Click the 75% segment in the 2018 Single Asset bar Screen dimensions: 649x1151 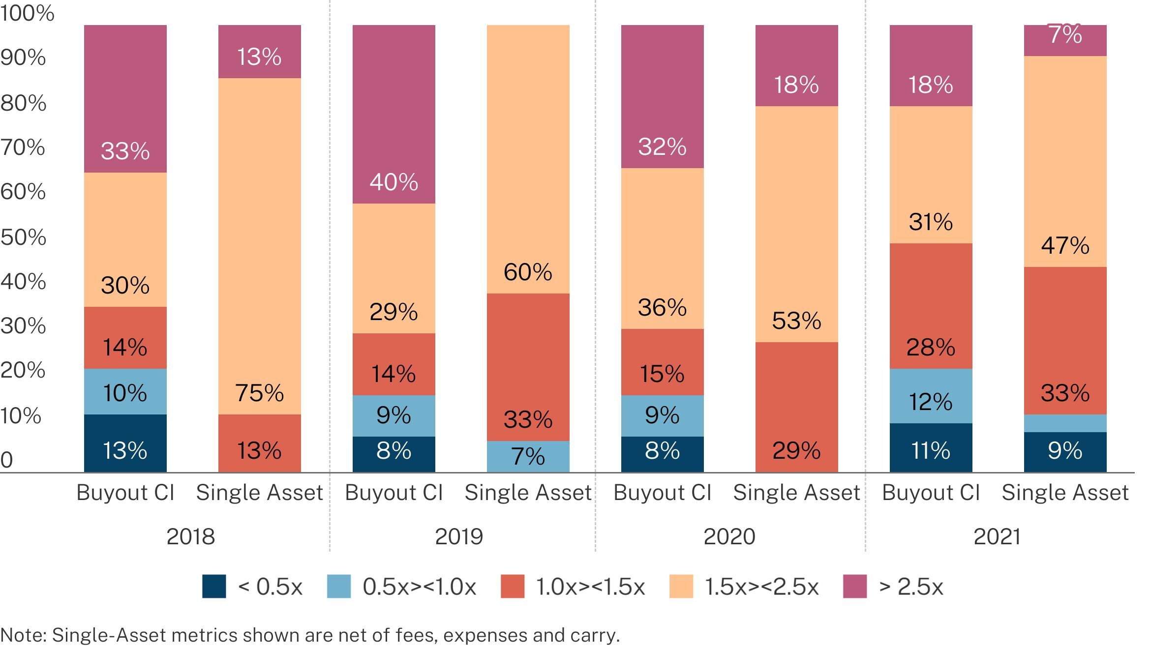pos(259,246)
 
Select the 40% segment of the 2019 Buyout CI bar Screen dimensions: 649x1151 pos(394,114)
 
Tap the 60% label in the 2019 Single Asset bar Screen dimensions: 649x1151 pos(528,272)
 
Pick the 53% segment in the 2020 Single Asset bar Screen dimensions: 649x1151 pos(796,224)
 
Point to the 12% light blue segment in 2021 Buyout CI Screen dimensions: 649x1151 pos(931,396)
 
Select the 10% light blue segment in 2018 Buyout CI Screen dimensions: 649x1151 pos(125,392)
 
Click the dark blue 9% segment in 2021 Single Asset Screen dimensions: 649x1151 pos(1065,452)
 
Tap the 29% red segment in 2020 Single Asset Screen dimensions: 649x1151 pos(796,407)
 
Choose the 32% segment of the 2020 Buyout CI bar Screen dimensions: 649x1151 pos(662,97)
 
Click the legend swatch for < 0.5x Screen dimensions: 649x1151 pos(214,587)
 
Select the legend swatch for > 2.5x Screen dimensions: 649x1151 pos(854,587)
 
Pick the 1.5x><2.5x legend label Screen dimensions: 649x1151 pos(761,587)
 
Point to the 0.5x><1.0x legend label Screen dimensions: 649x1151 pos(419,587)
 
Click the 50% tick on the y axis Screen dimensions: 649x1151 pos(23,237)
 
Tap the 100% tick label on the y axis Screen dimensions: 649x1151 pos(27,13)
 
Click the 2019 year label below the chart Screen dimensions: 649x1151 pos(459,536)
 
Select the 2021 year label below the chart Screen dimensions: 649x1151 pos(997,536)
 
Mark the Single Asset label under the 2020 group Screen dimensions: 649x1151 pos(796,493)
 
